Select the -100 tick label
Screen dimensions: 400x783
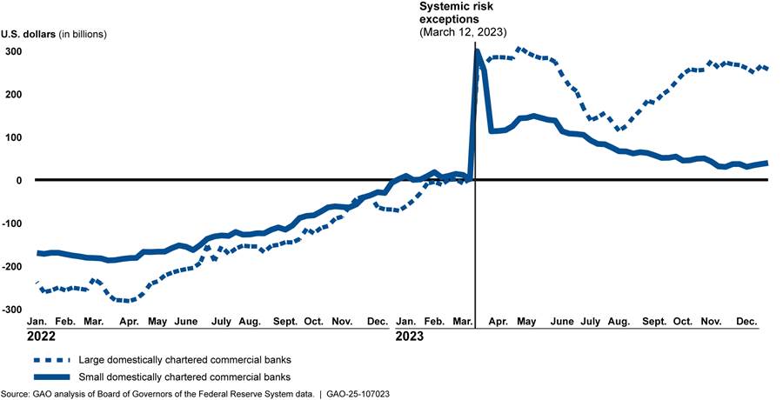13,224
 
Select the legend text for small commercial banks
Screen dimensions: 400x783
184,377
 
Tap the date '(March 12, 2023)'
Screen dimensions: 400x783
463,32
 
